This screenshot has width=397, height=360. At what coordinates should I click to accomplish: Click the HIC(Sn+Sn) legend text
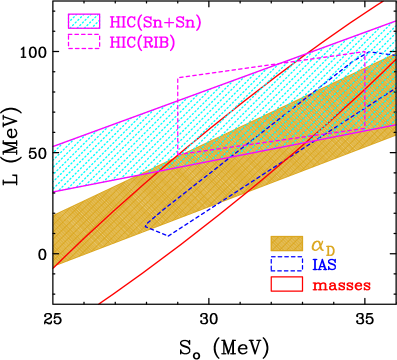[x=150, y=21]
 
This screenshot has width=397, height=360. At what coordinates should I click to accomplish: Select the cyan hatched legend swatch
[x=84, y=21]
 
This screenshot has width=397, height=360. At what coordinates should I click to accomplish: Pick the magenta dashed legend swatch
[x=84, y=41]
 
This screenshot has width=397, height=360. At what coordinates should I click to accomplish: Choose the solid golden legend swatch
[x=286, y=244]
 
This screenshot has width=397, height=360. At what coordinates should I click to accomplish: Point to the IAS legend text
[x=323, y=264]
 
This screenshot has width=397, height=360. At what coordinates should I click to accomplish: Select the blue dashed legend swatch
[x=286, y=264]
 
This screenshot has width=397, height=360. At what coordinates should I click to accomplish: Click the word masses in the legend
[x=341, y=285]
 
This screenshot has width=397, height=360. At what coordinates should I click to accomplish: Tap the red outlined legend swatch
[x=286, y=284]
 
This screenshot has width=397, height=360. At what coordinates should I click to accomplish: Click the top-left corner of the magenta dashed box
[x=179, y=78]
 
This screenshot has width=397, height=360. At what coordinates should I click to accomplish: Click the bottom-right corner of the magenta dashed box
[x=364, y=128]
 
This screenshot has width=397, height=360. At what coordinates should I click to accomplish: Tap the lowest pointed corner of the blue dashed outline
[x=168, y=235]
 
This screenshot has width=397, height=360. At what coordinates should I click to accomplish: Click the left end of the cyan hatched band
[x=55, y=168]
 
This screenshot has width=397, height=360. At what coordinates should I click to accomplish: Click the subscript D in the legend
[x=331, y=249]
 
